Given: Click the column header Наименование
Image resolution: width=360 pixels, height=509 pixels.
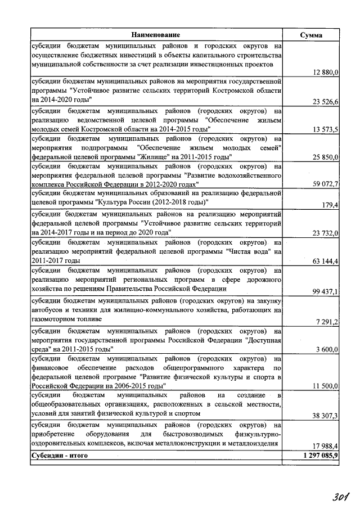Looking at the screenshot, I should [157, 35].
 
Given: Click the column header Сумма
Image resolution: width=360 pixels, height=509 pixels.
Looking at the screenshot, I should [311, 35].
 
